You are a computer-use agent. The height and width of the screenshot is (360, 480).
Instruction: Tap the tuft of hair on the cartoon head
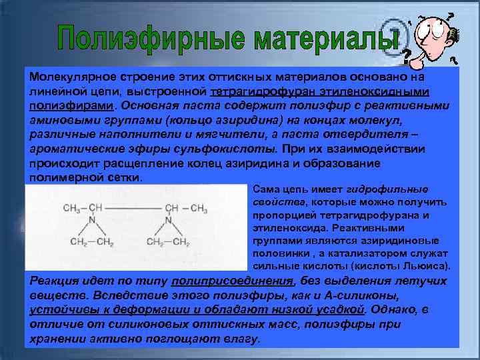coord(454,32)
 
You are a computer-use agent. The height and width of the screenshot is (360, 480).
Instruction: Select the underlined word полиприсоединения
coord(237,280)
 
